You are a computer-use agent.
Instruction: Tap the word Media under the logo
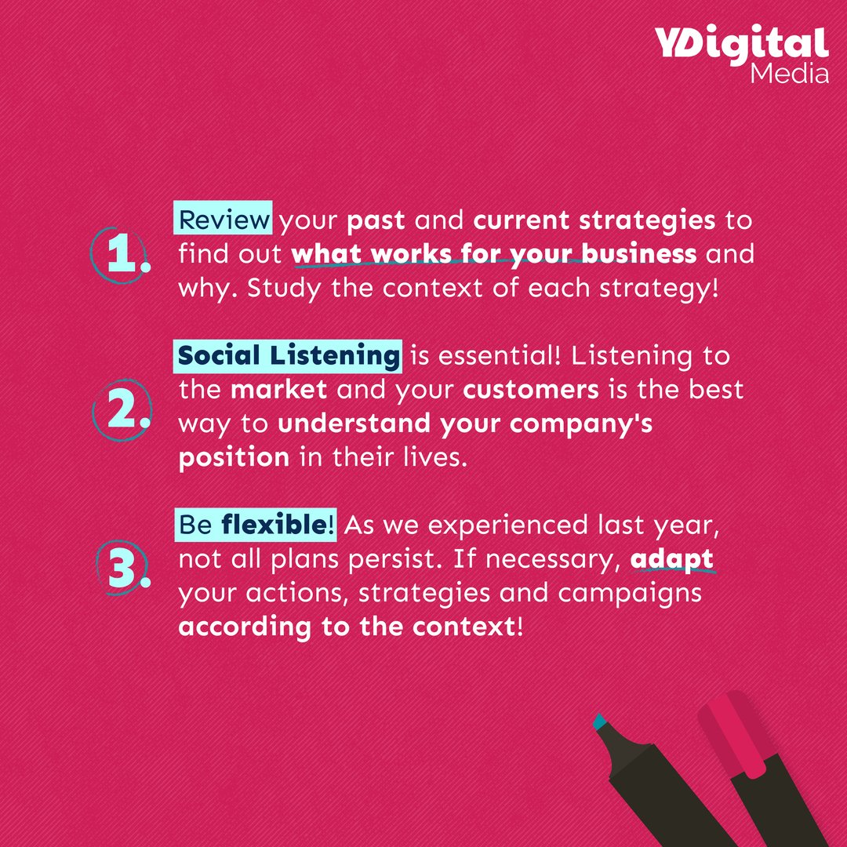pos(789,75)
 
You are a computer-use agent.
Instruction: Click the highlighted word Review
pos(224,220)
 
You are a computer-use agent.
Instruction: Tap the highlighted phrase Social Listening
pos(289,355)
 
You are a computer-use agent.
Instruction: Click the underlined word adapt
pos(672,560)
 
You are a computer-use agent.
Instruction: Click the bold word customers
pos(531,390)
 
